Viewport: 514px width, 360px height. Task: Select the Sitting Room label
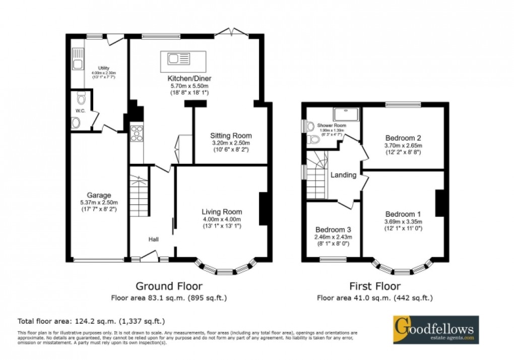point(231,136)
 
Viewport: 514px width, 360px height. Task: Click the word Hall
point(154,239)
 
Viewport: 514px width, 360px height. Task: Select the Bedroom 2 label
point(403,138)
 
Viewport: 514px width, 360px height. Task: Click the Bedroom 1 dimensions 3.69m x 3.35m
point(403,221)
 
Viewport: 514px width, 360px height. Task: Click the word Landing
point(344,175)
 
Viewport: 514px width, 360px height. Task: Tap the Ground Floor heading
point(169,287)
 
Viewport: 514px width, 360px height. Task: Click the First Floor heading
point(374,287)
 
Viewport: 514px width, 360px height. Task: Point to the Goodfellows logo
point(435,330)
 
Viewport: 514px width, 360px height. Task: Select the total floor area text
point(91,321)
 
